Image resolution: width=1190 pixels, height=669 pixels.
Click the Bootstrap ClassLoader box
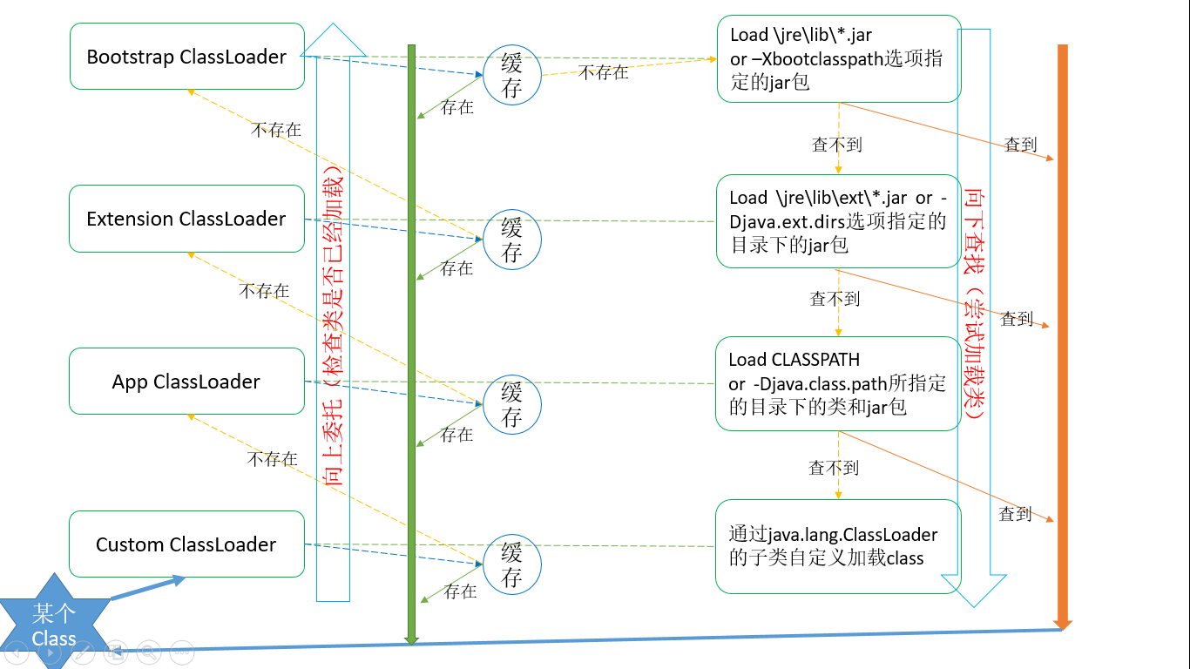click(x=186, y=57)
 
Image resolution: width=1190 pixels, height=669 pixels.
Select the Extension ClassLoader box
click(x=186, y=219)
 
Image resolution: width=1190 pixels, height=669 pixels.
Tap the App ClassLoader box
click(x=186, y=382)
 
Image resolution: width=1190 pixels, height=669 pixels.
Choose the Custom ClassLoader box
click(x=186, y=544)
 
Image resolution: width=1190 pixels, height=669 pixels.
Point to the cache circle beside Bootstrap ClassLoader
click(x=512, y=75)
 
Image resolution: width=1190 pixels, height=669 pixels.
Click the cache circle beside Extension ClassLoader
click(x=512, y=240)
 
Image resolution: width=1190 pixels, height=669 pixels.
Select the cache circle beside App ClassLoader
click(x=512, y=404)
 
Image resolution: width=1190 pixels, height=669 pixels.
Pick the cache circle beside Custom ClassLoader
click(x=512, y=564)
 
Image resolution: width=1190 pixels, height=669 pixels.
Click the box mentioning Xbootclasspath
click(x=838, y=59)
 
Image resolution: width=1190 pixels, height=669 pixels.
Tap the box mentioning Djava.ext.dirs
click(x=838, y=221)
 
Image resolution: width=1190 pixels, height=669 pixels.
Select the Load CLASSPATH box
click(x=838, y=383)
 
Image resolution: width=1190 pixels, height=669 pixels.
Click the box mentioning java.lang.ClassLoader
click(x=838, y=546)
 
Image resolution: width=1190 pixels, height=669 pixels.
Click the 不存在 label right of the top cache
click(x=603, y=72)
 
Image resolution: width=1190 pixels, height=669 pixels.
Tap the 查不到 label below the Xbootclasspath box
click(x=836, y=145)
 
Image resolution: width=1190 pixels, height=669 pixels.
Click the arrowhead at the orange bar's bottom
click(x=1062, y=622)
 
